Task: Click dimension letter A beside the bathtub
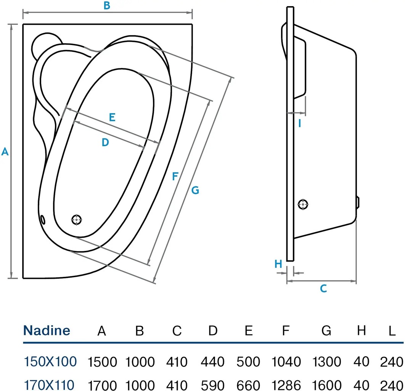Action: point(5,152)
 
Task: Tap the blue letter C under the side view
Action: point(323,289)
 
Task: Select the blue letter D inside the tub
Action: point(105,142)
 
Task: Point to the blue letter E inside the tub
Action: point(112,117)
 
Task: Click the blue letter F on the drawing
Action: point(175,176)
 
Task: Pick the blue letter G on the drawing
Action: point(195,190)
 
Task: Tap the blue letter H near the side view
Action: point(278,263)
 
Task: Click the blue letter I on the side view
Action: point(300,123)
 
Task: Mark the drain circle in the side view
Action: point(303,205)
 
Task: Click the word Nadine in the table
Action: point(47,330)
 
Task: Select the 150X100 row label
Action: point(50,361)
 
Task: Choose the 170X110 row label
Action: point(50,384)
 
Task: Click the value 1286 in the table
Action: point(286,385)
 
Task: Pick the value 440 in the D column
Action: point(213,361)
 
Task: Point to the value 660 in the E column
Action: point(248,385)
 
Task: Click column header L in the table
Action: point(392,331)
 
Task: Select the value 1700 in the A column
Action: point(102,385)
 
